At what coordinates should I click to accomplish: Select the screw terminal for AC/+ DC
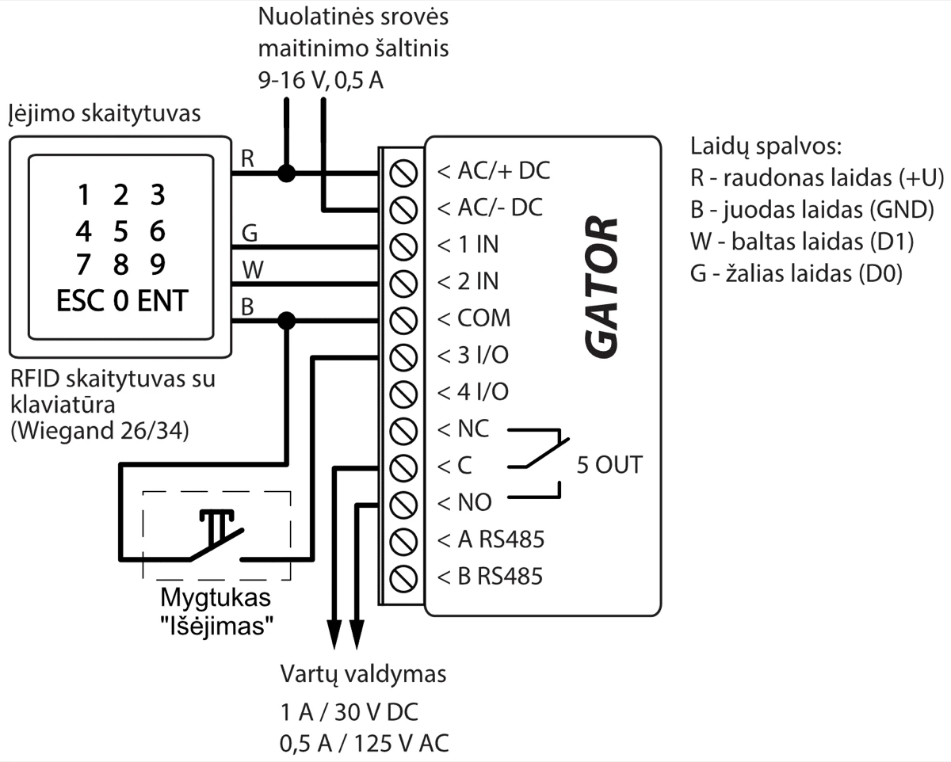click(405, 172)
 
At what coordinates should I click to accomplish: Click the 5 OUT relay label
click(609, 465)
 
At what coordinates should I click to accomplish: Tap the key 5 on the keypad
click(120, 231)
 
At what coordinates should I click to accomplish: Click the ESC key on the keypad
click(80, 302)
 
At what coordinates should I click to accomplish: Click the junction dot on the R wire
click(287, 172)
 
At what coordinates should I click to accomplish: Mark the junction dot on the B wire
click(287, 320)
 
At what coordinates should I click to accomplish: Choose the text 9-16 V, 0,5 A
click(320, 81)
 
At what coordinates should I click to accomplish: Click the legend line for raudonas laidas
click(816, 178)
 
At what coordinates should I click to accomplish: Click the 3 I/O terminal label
click(473, 355)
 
